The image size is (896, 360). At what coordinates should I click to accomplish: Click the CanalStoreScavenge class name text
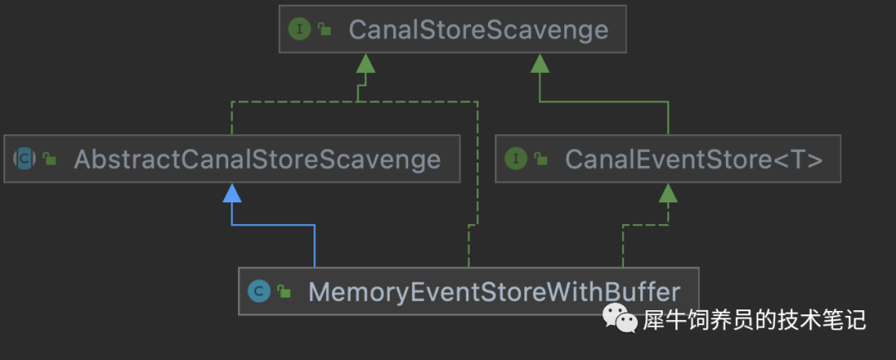[478, 30]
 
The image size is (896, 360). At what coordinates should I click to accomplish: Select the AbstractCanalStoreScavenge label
[257, 158]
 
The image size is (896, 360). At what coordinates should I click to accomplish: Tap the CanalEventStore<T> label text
[694, 158]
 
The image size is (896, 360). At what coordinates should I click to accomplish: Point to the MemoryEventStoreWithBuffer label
[494, 291]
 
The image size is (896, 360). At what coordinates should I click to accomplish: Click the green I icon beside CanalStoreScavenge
[299, 30]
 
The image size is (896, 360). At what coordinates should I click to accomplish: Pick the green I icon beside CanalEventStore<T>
[516, 158]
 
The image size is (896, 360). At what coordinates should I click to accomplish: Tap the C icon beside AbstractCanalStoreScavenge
[26, 158]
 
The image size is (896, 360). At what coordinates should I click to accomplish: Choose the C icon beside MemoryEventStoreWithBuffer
[259, 291]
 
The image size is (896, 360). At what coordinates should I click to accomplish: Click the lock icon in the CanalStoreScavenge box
[324, 30]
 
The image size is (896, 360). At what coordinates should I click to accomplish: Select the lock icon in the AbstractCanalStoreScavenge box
[51, 158]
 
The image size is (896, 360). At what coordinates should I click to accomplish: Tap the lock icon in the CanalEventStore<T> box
[541, 158]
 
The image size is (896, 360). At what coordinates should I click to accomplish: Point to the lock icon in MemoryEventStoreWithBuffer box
[284, 291]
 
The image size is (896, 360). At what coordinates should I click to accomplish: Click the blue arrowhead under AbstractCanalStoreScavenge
[231, 193]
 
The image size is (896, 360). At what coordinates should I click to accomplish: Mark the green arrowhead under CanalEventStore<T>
[667, 193]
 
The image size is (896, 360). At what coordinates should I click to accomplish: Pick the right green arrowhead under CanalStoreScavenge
[540, 63]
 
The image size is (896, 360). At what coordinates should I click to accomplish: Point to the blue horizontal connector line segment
[273, 225]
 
